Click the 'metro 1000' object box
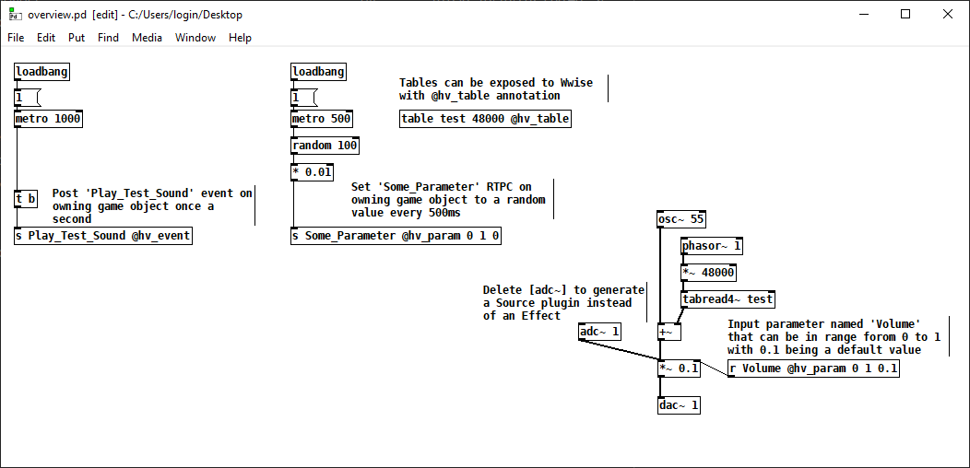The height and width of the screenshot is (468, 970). [49, 119]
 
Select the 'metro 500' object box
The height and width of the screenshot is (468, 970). [322, 119]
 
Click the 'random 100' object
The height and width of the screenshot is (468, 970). [325, 146]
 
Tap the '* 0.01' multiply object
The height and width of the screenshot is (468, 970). [312, 172]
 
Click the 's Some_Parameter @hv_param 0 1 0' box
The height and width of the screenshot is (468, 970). [396, 236]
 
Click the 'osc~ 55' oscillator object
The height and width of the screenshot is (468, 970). [680, 219]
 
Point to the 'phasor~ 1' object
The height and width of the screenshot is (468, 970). [712, 246]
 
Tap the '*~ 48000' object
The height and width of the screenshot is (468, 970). [708, 273]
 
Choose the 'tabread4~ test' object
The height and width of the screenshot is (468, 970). [727, 299]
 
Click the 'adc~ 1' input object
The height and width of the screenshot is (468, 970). [600, 332]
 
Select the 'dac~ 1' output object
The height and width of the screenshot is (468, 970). [680, 405]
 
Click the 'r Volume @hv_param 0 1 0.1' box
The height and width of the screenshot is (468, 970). [812, 369]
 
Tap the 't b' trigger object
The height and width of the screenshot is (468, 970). [26, 199]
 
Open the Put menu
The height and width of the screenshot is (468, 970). [77, 38]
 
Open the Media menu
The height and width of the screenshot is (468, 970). [147, 38]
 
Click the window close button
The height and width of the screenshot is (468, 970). [948, 14]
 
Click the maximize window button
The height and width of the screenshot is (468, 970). [905, 14]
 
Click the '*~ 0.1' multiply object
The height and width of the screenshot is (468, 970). [679, 369]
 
